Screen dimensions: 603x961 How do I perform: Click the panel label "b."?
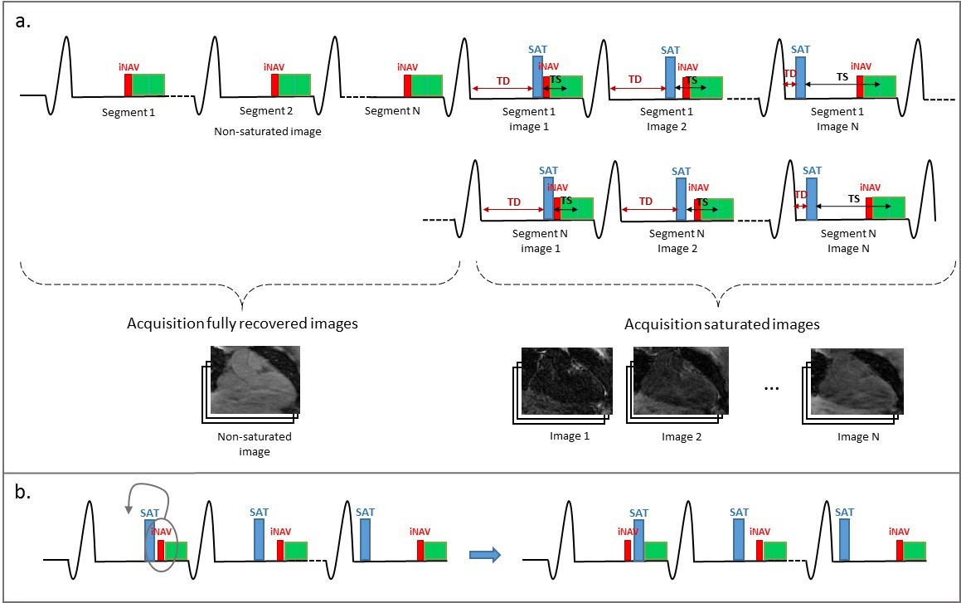(23, 493)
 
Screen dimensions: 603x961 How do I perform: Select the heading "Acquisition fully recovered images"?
(242, 323)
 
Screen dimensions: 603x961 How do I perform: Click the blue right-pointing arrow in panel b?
(486, 556)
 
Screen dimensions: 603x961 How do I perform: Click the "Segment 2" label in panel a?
(261, 111)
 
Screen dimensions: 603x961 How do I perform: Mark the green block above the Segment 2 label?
(294, 85)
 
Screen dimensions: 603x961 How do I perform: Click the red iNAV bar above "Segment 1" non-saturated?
(129, 85)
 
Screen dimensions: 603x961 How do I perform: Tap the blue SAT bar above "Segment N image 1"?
(548, 199)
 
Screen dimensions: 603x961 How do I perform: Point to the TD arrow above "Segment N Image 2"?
(646, 209)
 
